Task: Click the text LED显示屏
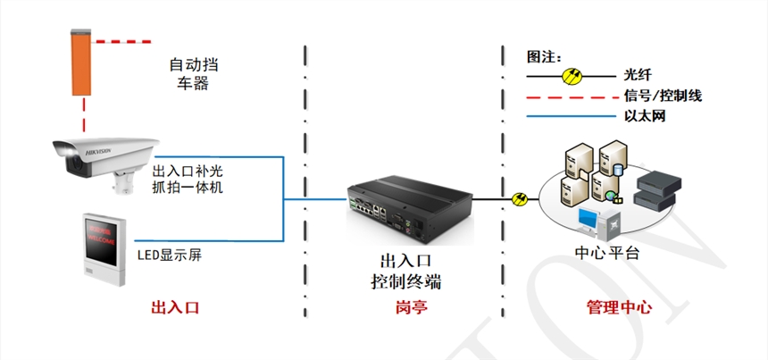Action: point(169,255)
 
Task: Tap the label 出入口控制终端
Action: point(406,271)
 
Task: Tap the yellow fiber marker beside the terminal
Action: point(518,198)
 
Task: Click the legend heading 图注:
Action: point(542,55)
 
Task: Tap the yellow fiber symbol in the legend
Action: point(572,76)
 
